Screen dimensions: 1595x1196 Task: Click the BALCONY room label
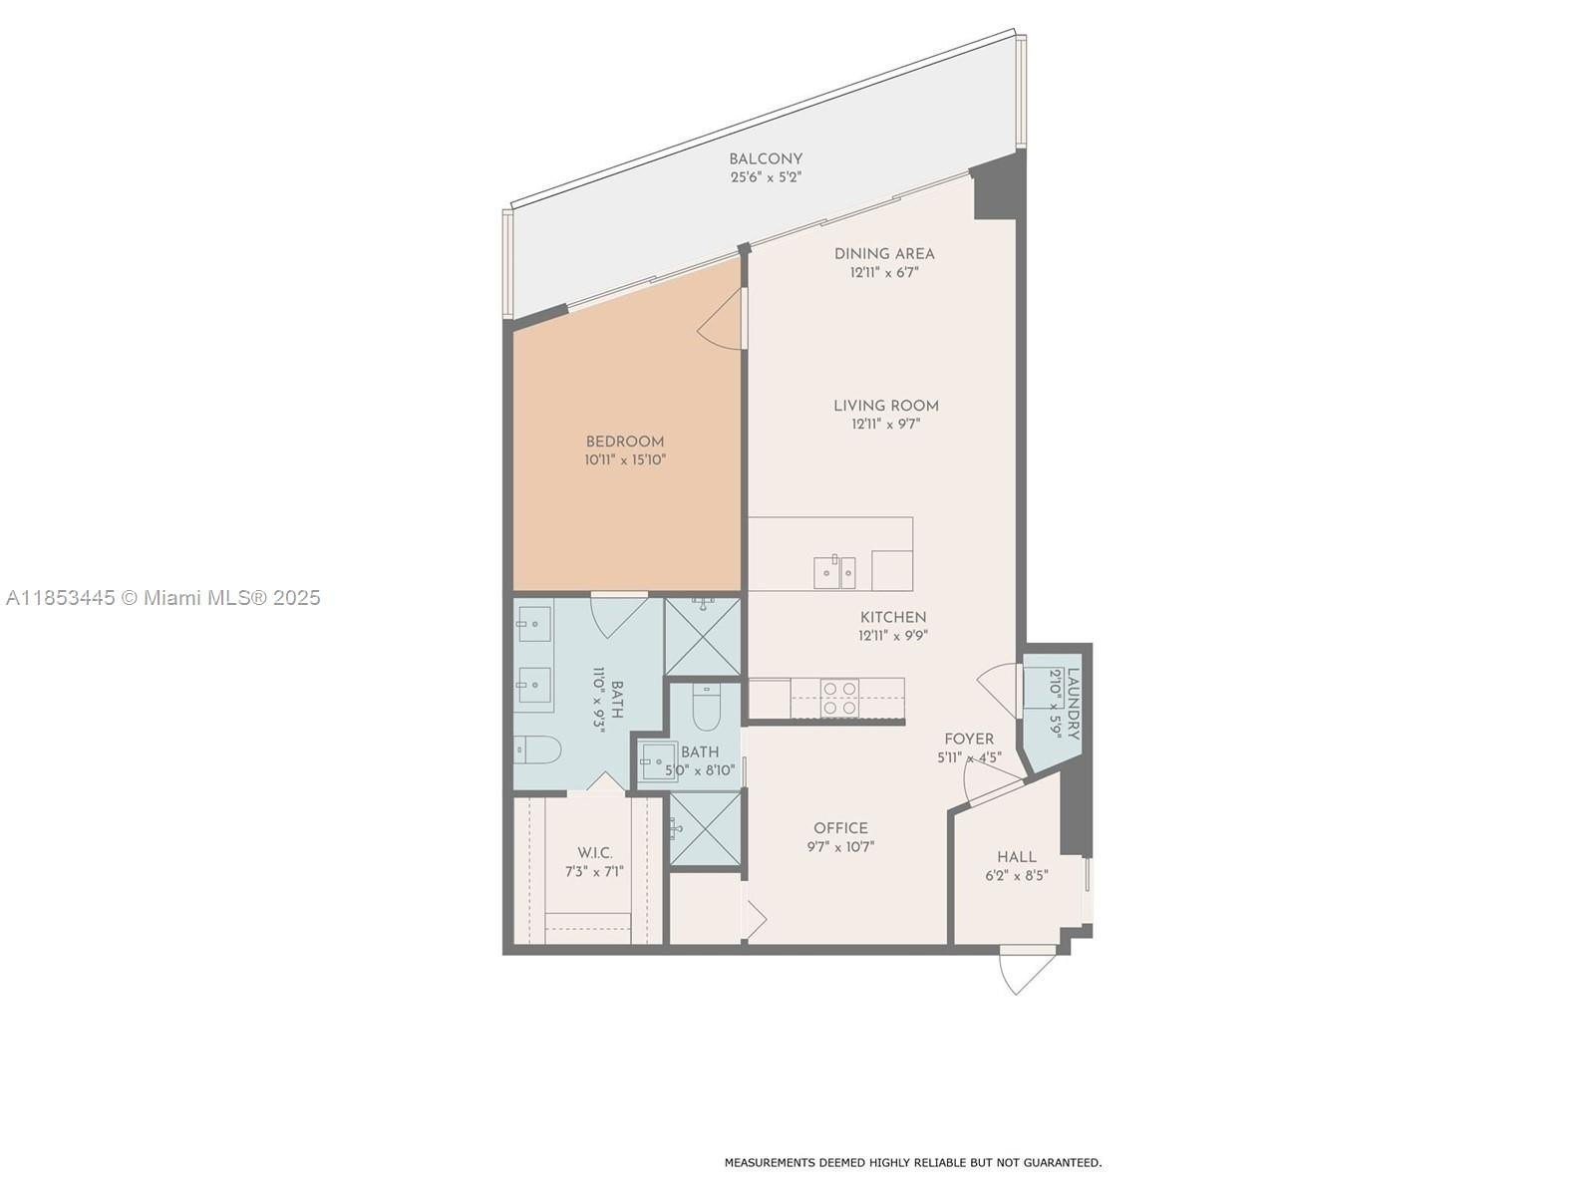(766, 159)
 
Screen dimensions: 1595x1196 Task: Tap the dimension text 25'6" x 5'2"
(766, 177)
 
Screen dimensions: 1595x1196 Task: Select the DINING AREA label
(884, 254)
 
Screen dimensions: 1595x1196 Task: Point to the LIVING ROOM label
(886, 406)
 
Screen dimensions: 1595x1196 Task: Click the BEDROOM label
(625, 442)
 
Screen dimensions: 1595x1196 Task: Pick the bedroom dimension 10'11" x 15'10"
(625, 459)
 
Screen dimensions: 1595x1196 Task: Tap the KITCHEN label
(893, 617)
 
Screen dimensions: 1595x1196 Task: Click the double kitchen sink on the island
(834, 571)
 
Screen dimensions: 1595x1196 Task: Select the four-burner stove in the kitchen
(840, 697)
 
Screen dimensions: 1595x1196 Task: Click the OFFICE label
(840, 828)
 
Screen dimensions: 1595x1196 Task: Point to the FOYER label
(969, 740)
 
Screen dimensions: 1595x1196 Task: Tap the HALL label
(1017, 857)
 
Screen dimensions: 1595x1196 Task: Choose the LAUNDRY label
(1074, 705)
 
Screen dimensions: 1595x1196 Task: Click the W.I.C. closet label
(595, 852)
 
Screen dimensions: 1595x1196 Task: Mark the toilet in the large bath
(537, 749)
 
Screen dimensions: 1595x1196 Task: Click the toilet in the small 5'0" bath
(706, 708)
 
